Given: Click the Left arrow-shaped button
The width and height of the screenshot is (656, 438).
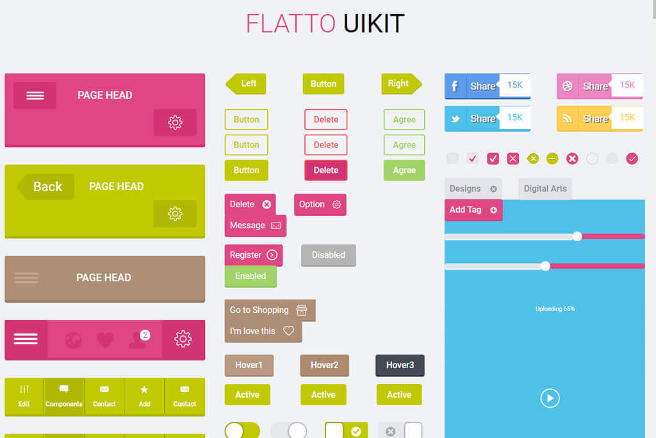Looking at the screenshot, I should pyautogui.click(x=247, y=84).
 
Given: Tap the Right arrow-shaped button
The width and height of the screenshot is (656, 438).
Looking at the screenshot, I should pyautogui.click(x=400, y=84).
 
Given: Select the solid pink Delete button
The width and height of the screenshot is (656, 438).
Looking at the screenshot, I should pyautogui.click(x=325, y=171).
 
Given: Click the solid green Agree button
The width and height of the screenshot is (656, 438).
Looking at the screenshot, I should pyautogui.click(x=404, y=171).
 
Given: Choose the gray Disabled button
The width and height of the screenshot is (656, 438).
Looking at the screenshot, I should pyautogui.click(x=328, y=255).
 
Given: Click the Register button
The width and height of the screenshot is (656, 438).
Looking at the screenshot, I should pyautogui.click(x=253, y=255).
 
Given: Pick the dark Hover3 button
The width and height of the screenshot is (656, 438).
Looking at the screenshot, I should pyautogui.click(x=400, y=366).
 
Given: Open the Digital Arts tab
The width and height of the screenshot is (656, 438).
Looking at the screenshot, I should pyautogui.click(x=545, y=189).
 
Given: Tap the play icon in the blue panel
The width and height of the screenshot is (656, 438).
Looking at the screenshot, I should pyautogui.click(x=550, y=398).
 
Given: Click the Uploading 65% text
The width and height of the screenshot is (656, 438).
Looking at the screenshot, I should pyautogui.click(x=555, y=309).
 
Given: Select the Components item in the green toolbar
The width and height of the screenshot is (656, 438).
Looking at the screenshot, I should pyautogui.click(x=64, y=396).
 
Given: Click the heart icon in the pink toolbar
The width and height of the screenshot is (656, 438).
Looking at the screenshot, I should pyautogui.click(x=105, y=339).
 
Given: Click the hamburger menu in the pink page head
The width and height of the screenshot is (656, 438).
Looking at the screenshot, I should pyautogui.click(x=35, y=96).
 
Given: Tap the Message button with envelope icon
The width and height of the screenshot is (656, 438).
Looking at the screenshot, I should pyautogui.click(x=255, y=226).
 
